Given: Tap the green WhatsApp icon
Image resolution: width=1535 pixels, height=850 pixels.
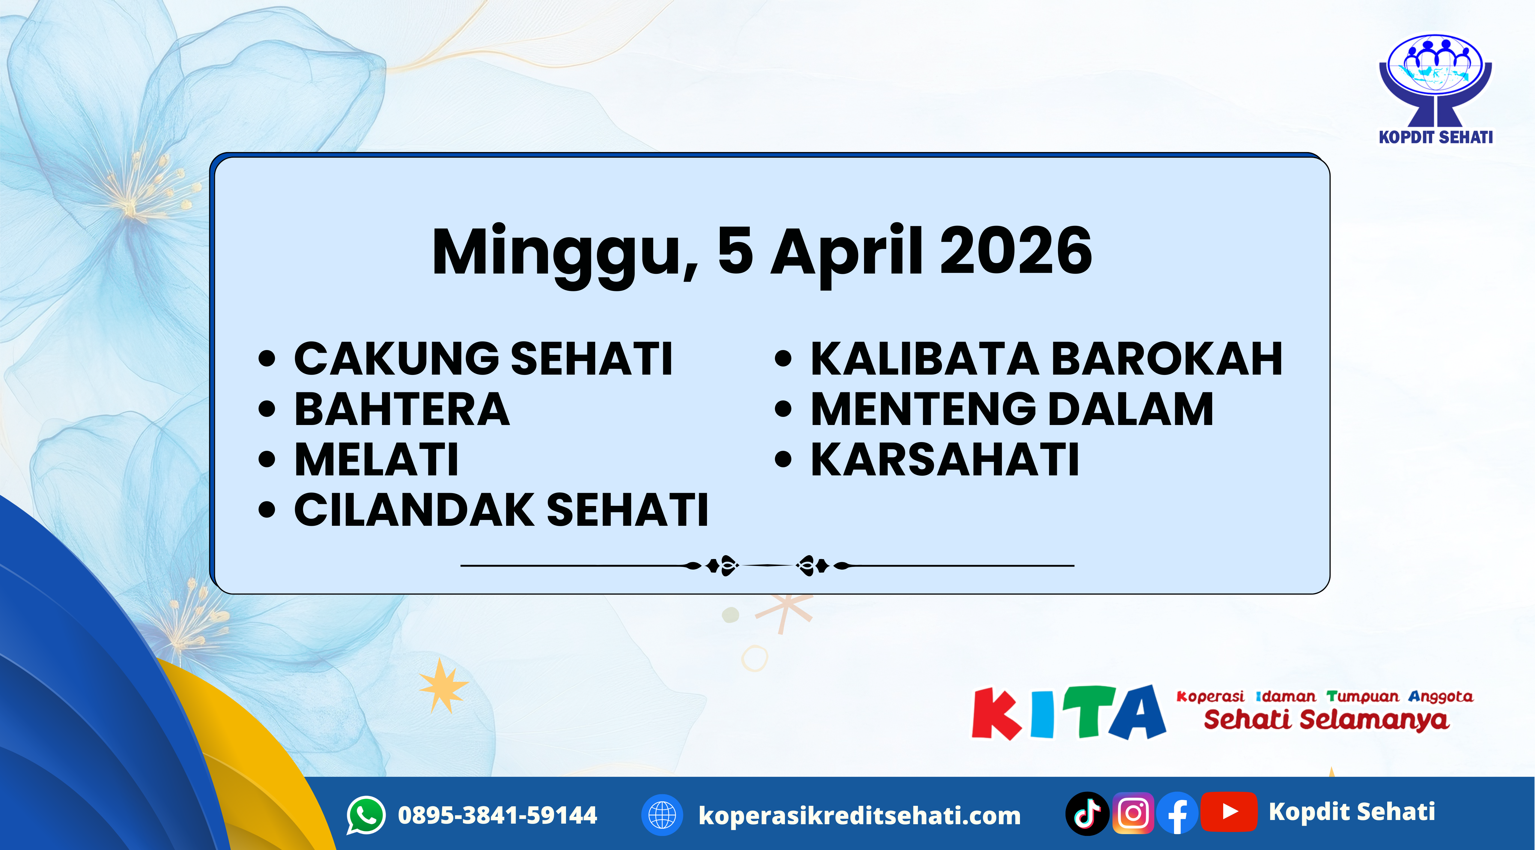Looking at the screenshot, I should [x=366, y=815].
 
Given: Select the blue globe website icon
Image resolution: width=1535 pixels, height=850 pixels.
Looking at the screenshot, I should [x=661, y=815].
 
